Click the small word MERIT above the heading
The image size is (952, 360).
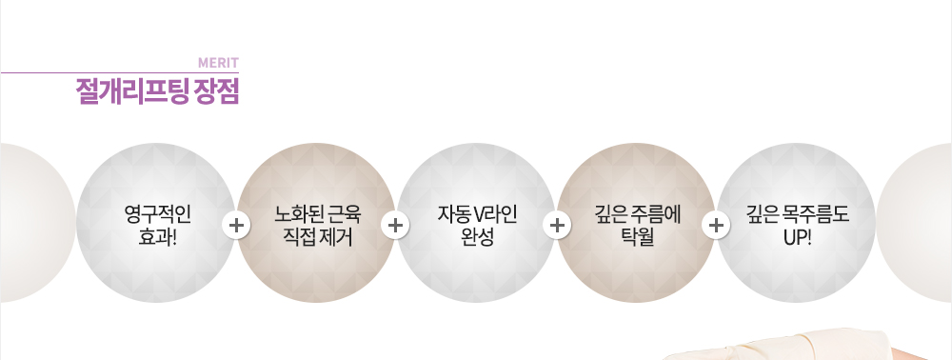tap(218, 64)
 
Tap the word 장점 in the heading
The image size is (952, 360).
tap(217, 92)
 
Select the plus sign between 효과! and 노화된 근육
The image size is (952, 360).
tap(235, 226)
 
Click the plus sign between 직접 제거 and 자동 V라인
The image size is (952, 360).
tap(395, 226)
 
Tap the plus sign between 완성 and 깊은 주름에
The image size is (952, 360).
tap(557, 226)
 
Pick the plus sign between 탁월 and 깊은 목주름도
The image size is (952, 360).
tap(716, 226)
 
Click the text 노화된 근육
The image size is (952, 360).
tap(318, 214)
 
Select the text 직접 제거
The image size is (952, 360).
tap(318, 237)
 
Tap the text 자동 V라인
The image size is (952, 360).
tap(477, 214)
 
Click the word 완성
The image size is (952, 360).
tap(477, 237)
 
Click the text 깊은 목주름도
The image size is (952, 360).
tap(797, 214)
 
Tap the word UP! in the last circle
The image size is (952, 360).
tap(797, 237)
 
